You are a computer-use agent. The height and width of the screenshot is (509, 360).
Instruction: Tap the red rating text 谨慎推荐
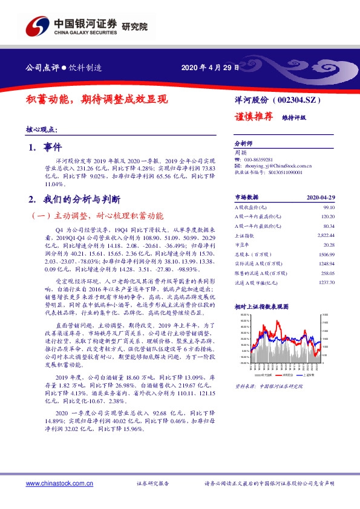coord(254,116)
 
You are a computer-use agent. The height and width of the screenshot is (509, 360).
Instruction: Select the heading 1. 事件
coord(41,147)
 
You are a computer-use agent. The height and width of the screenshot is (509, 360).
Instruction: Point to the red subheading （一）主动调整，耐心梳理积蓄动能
coord(97,215)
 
